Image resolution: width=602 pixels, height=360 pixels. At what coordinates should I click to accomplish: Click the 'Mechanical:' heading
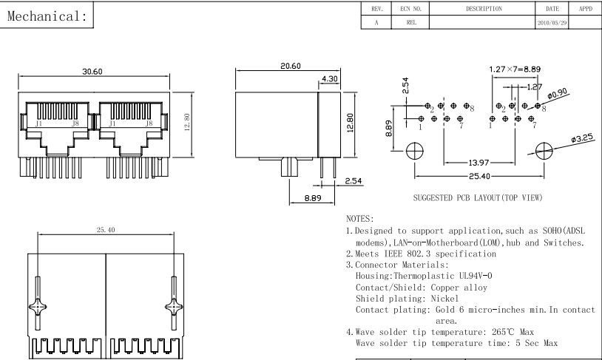click(x=49, y=17)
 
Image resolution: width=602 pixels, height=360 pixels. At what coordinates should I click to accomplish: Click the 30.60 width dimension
click(x=92, y=71)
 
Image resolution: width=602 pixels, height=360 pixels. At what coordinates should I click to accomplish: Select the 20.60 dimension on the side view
click(x=290, y=66)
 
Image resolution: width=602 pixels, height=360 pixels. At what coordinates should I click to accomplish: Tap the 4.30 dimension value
click(x=330, y=79)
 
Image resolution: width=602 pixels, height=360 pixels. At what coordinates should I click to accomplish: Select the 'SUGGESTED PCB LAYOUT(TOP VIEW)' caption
click(x=477, y=197)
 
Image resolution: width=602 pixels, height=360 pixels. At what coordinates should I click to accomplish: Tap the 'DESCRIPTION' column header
click(x=484, y=9)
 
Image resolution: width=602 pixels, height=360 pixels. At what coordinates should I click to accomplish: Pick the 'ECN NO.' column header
click(x=410, y=9)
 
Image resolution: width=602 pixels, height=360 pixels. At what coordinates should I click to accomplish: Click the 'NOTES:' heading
click(x=360, y=220)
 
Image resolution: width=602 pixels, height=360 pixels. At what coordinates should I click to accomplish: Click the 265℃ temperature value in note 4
click(x=503, y=331)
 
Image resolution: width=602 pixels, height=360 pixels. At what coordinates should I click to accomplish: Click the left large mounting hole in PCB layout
click(x=414, y=149)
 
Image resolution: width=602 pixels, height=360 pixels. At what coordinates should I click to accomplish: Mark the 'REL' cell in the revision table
click(x=410, y=23)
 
